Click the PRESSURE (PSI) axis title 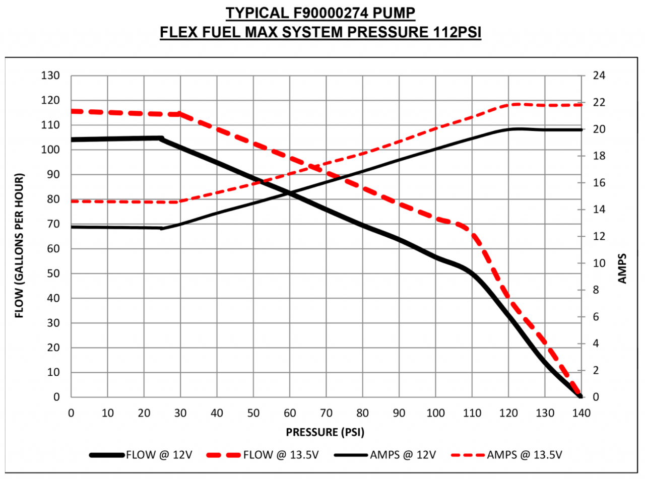tap(325, 432)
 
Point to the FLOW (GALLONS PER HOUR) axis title tap(19, 246)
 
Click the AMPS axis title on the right tap(623, 267)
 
